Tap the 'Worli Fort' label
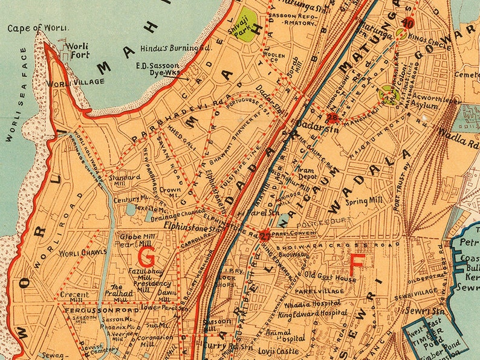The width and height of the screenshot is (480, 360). [77, 50]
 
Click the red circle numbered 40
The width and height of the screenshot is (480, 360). [408, 24]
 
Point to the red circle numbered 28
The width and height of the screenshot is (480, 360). [332, 118]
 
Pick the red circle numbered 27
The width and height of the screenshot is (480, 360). [264, 236]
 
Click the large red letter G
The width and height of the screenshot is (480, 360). [146, 258]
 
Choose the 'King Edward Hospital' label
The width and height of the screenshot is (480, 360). [313, 313]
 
